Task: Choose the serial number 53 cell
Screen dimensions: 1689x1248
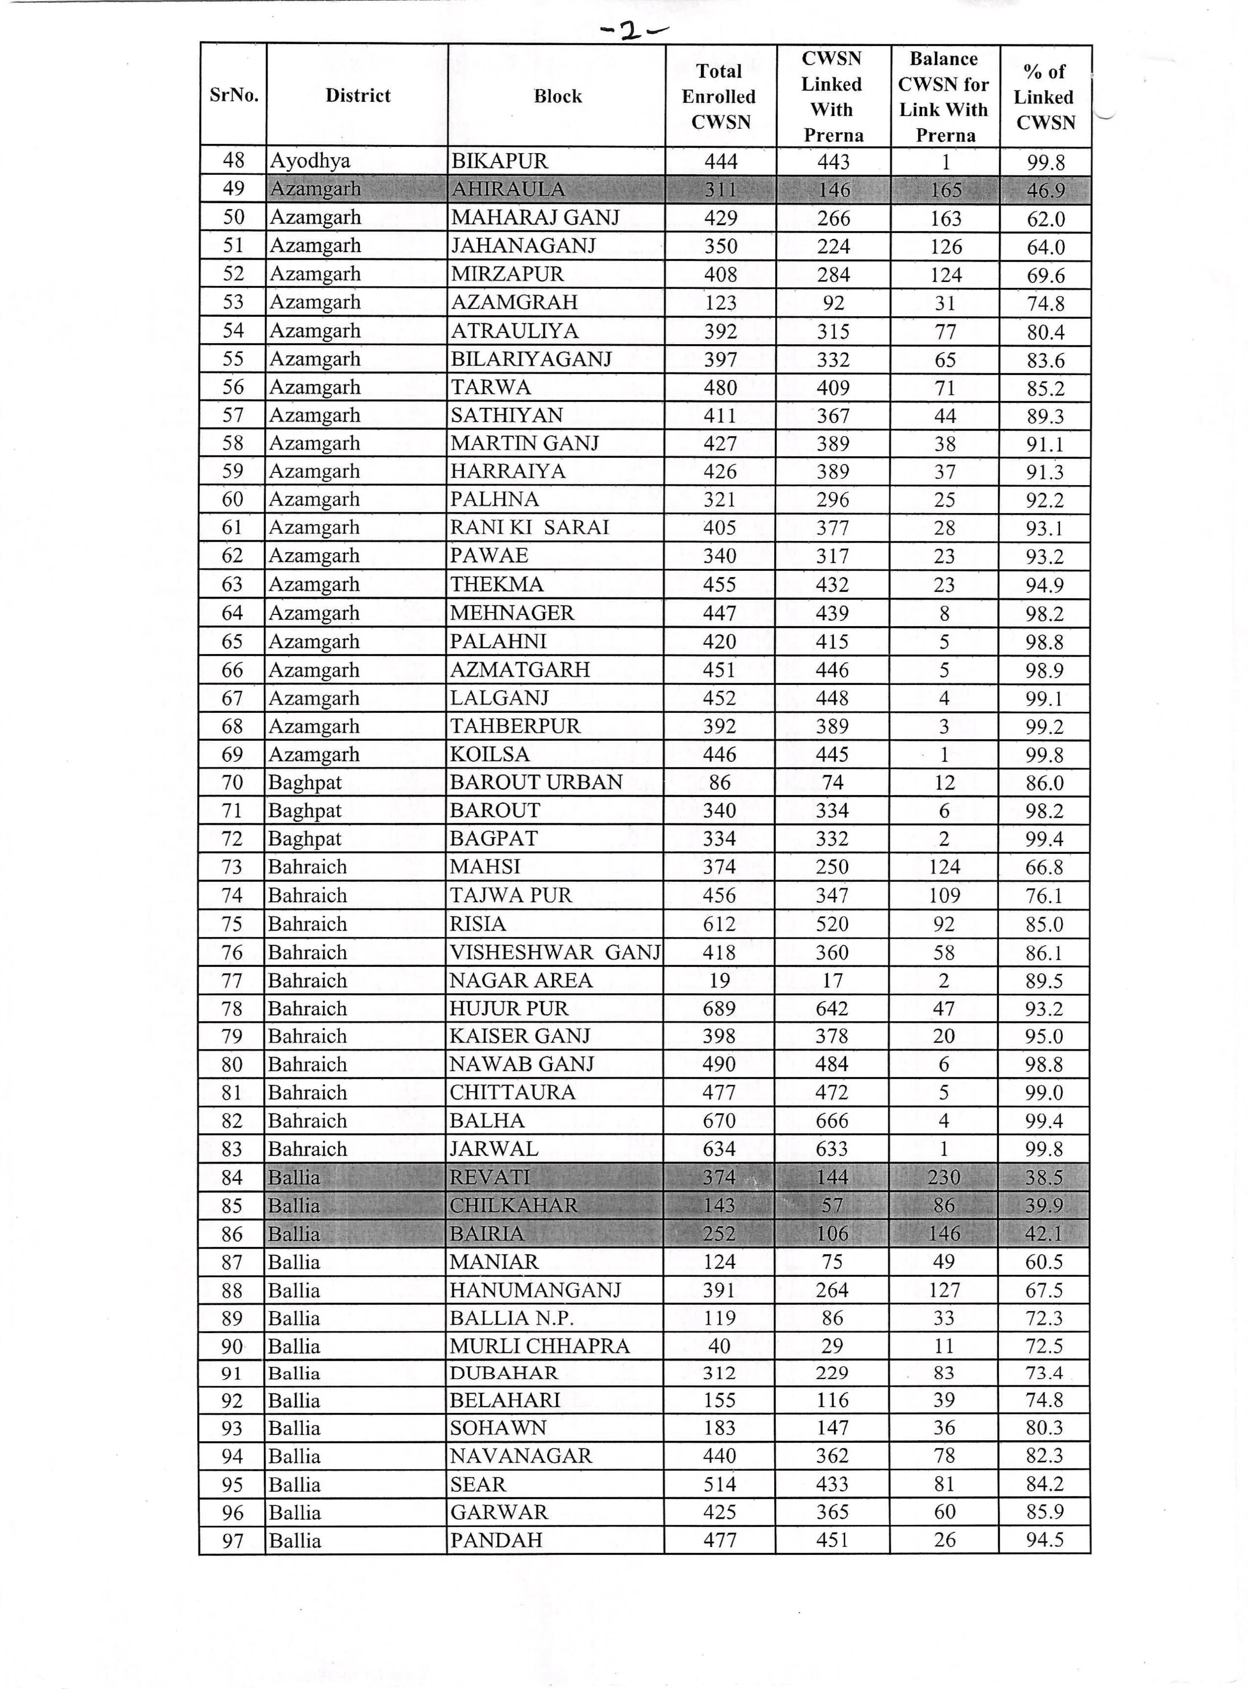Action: (x=233, y=302)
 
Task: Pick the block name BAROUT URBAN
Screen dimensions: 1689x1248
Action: (x=536, y=782)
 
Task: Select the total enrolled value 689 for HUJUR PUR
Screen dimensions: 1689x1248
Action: (x=719, y=1008)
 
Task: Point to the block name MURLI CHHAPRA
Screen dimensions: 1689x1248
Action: (x=540, y=1346)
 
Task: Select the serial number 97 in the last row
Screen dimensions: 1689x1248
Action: (x=233, y=1541)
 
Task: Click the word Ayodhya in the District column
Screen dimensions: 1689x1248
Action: (x=310, y=161)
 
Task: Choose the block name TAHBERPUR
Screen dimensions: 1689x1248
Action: (x=515, y=726)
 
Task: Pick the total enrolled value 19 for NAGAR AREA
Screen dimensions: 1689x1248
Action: (x=719, y=980)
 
